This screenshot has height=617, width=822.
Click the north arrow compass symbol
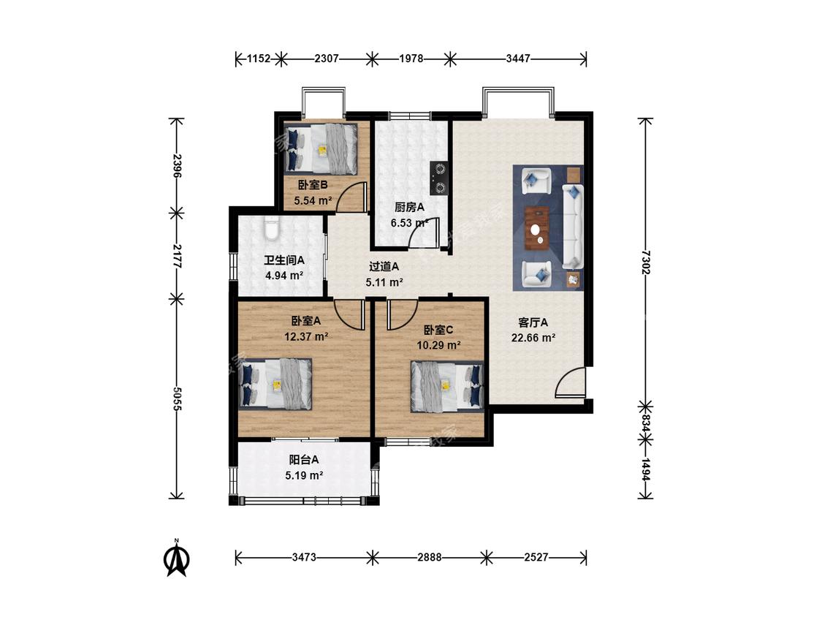(x=178, y=559)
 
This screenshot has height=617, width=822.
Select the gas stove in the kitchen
(x=439, y=178)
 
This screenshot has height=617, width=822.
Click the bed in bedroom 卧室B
(x=321, y=149)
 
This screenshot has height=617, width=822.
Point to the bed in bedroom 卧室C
(x=447, y=386)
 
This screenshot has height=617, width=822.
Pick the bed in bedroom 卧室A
(x=275, y=384)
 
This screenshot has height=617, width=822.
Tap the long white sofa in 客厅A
(x=573, y=227)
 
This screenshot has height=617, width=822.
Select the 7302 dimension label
(x=645, y=262)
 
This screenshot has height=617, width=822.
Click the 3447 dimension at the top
(x=518, y=58)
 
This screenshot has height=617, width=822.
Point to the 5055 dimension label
(x=177, y=398)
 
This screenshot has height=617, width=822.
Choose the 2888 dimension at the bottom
(x=430, y=557)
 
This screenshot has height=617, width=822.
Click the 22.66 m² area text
(x=533, y=338)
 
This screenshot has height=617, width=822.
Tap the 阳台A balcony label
(x=304, y=460)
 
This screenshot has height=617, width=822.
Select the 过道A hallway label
(x=384, y=267)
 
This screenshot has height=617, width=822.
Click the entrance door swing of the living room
(x=570, y=382)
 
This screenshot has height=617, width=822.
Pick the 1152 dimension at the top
(x=259, y=58)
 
